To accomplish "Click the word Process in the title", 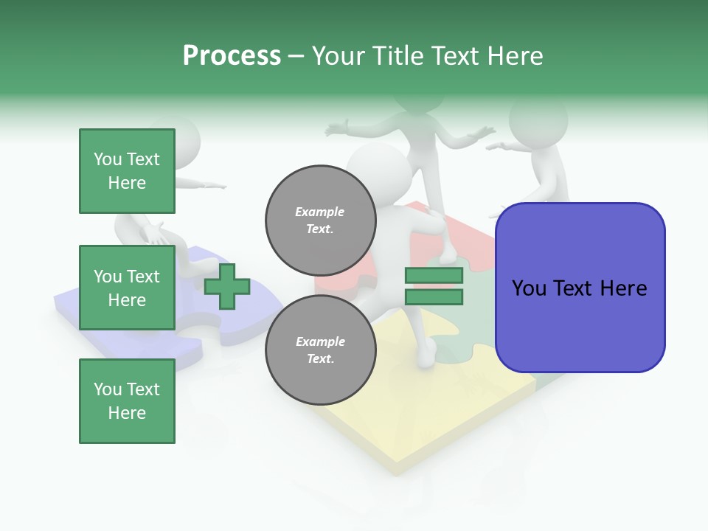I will click(x=232, y=56).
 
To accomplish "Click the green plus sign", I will click(x=227, y=286).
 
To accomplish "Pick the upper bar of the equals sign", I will click(x=434, y=275).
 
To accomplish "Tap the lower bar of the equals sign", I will click(x=434, y=297).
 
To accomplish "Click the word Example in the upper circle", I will click(x=320, y=212).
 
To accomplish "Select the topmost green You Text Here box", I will click(x=127, y=171).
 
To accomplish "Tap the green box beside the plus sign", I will click(x=127, y=288).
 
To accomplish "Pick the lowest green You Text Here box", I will click(x=127, y=401).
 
